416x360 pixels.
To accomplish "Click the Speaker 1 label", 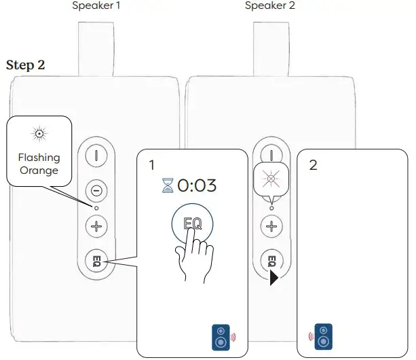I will click(x=96, y=6).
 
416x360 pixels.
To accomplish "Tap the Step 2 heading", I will click(x=25, y=65).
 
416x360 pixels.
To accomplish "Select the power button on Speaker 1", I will click(x=96, y=155).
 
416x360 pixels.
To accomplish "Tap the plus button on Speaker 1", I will click(x=96, y=226).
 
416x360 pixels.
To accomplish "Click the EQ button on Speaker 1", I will click(x=96, y=260).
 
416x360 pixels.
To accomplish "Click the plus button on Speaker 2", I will click(x=271, y=226).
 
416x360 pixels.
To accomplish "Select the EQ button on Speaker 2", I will click(x=271, y=260).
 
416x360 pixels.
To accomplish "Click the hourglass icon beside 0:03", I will click(x=168, y=185).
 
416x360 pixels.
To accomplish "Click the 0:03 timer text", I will click(x=197, y=185).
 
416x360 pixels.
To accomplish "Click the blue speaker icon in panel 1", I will click(x=222, y=336).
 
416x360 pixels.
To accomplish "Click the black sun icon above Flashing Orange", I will click(x=39, y=132).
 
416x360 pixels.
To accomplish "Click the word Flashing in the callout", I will click(x=39, y=157).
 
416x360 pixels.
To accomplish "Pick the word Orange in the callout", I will click(x=39, y=170).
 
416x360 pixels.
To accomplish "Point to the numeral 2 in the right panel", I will click(x=313, y=165).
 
